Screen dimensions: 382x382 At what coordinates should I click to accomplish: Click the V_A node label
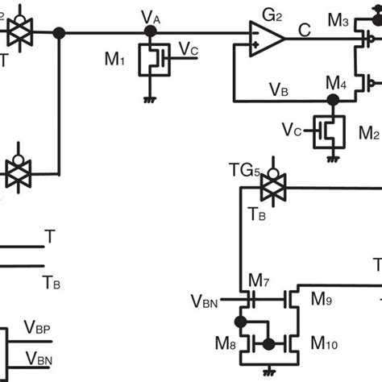pos(148,16)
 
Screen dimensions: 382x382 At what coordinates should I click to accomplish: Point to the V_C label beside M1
pos(189,49)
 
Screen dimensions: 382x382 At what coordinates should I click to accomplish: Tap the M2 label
pos(368,131)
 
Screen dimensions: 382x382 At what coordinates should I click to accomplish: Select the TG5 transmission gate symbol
pos(265,189)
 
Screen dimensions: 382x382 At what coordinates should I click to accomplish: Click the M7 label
pos(259,280)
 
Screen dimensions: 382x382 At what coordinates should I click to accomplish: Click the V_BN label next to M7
pos(206,301)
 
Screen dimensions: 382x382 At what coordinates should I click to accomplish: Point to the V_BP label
pos(39,328)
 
